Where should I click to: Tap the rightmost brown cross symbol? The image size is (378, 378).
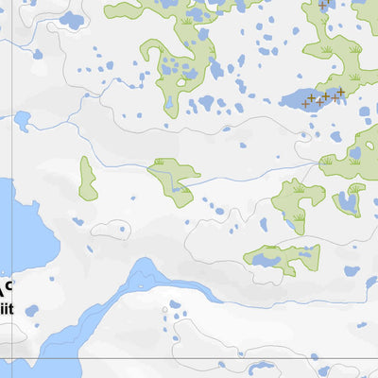pyautogui.click(x=340, y=91)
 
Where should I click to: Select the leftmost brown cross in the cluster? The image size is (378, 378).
pyautogui.click(x=311, y=98)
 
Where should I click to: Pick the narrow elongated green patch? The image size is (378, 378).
pyautogui.click(x=87, y=179)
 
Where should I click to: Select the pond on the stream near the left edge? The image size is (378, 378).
pyautogui.click(x=22, y=120)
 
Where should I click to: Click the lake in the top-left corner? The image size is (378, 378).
pyautogui.click(x=71, y=20)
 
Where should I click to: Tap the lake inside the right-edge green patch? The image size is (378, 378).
pyautogui.click(x=349, y=200)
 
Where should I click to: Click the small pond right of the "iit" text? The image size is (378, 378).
pyautogui.click(x=32, y=310)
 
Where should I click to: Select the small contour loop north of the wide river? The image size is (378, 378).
pyautogui.click(x=112, y=228)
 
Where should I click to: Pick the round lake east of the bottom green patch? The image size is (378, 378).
pyautogui.click(x=352, y=271)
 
